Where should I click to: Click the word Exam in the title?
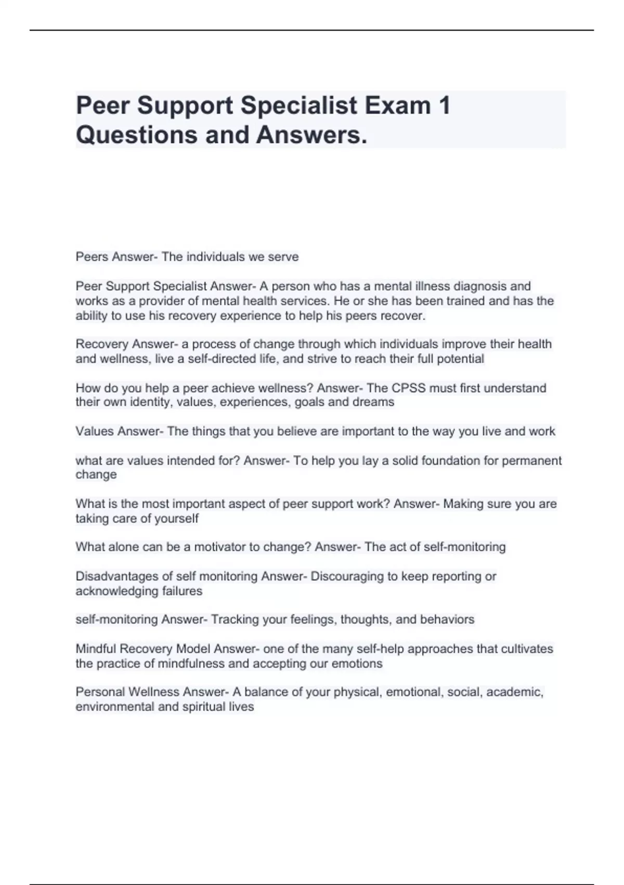click(x=398, y=106)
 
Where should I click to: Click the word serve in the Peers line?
click(x=283, y=257)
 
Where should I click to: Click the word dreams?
click(x=373, y=402)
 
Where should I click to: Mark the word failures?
click(x=182, y=591)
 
